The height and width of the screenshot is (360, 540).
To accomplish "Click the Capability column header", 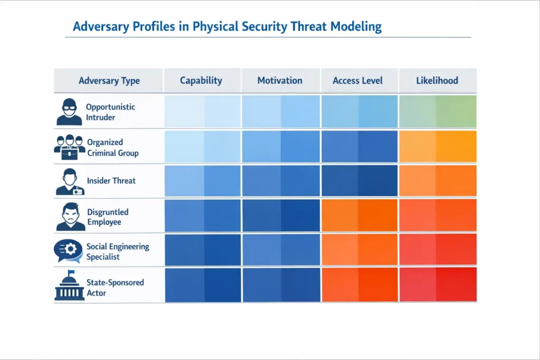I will pyautogui.click(x=201, y=81).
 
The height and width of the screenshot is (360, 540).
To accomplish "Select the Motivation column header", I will pyautogui.click(x=279, y=81).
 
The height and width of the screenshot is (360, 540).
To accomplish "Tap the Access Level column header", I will pyautogui.click(x=358, y=81).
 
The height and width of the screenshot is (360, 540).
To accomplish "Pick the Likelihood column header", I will pyautogui.click(x=437, y=81).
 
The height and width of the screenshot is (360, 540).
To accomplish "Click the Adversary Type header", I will pyautogui.click(x=109, y=81).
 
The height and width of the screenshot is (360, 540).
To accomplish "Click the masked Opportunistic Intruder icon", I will pyautogui.click(x=70, y=112).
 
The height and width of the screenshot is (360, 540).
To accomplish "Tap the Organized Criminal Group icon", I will pyautogui.click(x=70, y=148).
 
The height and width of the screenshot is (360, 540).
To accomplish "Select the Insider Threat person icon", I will pyautogui.click(x=70, y=181).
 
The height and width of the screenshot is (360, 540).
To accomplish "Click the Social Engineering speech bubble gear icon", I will pyautogui.click(x=69, y=251).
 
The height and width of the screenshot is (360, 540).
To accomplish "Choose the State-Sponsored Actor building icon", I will pyautogui.click(x=69, y=286).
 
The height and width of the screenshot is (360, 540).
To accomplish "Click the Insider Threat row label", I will pyautogui.click(x=111, y=181).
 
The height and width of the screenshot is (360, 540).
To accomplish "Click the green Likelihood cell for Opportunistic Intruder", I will pyautogui.click(x=437, y=111).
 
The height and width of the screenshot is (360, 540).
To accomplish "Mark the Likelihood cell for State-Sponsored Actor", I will pyautogui.click(x=437, y=285).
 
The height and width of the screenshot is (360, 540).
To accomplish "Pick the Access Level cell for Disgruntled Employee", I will pyautogui.click(x=359, y=216).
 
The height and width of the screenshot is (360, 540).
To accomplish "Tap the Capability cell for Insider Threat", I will pyautogui.click(x=202, y=181).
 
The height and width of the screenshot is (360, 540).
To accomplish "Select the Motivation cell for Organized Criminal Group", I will pyautogui.click(x=281, y=146).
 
